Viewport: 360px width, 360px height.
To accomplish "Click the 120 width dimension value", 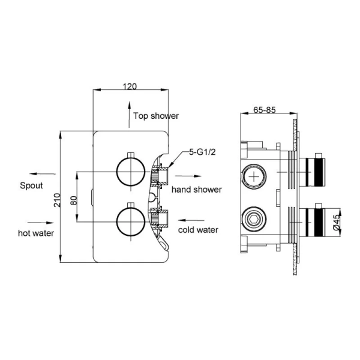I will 130,86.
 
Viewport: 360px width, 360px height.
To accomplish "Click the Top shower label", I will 155,116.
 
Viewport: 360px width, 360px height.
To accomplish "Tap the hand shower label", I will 196,190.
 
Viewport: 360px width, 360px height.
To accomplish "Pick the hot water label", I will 37,233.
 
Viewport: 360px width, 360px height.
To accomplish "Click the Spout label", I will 31,185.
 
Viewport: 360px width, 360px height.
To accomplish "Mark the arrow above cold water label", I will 191,220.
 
